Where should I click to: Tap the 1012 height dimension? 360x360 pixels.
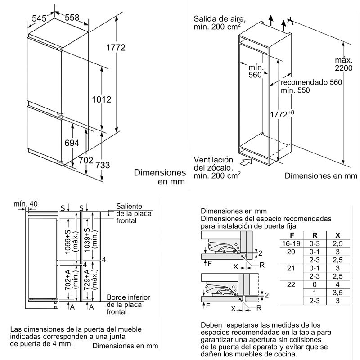102,99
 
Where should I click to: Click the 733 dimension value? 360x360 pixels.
103,165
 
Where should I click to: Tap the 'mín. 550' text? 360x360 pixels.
296,90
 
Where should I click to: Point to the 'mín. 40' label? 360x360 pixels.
26,204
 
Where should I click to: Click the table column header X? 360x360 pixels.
337,235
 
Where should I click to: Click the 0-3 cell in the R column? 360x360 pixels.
315,243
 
